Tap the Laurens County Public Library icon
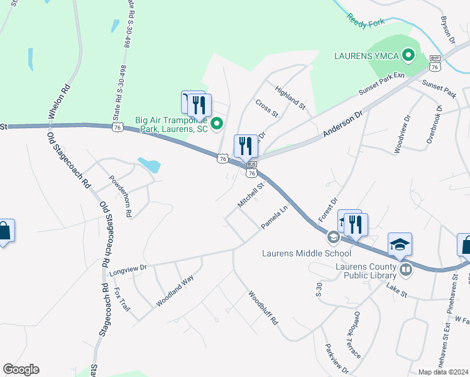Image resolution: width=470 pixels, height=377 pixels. click(x=406, y=271)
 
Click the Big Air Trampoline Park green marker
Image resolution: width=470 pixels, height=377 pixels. click(x=217, y=124)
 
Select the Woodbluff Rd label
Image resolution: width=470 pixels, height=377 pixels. click(x=262, y=307)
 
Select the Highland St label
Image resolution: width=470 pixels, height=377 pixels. click(x=290, y=98)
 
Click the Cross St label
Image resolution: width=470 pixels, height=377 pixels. click(x=266, y=107)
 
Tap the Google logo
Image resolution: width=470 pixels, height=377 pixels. click(x=21, y=369)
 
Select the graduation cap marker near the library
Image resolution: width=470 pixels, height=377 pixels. click(x=400, y=244)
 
